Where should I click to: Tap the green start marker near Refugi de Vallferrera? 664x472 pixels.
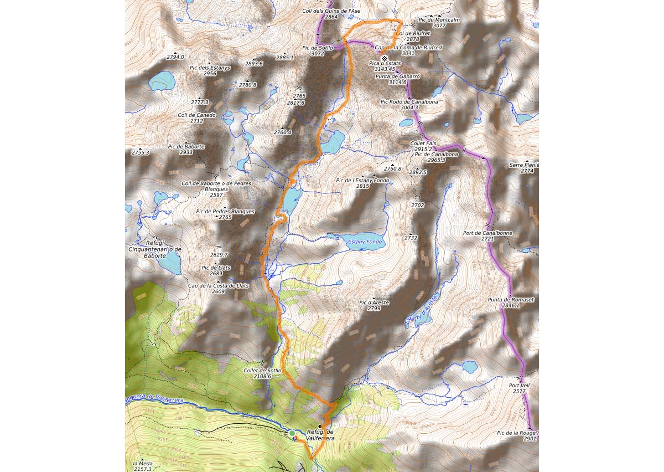click(292, 433)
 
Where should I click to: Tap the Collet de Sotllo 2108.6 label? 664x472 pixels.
click(262, 373)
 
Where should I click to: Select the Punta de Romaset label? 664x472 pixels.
click(511, 302)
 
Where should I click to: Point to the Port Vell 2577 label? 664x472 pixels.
click(520, 388)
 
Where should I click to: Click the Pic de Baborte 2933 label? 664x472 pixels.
click(186, 149)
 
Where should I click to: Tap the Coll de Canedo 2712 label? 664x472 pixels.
click(196, 118)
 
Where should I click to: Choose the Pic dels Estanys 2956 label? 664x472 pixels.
click(210, 70)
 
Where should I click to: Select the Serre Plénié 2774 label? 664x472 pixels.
click(524, 168)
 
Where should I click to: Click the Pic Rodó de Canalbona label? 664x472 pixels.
click(409, 105)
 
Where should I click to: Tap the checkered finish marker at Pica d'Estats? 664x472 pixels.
click(385, 58)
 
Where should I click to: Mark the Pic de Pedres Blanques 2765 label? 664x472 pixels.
click(225, 214)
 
